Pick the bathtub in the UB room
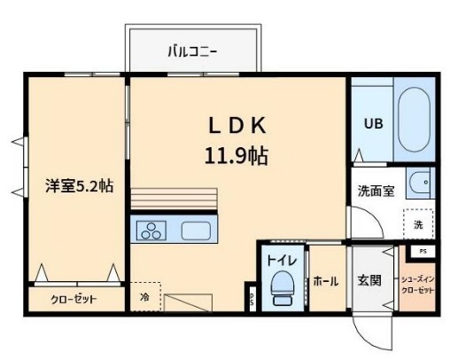click(414, 121)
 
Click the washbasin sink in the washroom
click(419, 184)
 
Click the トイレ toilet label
click(283, 261)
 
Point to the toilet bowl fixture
click(283, 287)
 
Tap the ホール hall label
click(325, 281)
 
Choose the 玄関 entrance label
click(369, 281)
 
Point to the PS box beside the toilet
click(252, 299)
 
